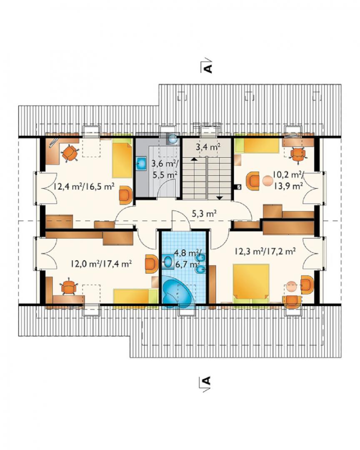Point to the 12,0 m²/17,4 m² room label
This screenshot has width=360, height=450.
pyautogui.click(x=101, y=263)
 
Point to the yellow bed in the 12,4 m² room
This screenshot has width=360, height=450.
pyautogui.click(x=122, y=160)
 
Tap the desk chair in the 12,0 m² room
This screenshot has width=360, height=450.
pyautogui.click(x=69, y=287)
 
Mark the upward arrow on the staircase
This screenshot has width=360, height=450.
pyautogui.click(x=194, y=158)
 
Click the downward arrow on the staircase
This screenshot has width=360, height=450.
pyautogui.click(x=220, y=197)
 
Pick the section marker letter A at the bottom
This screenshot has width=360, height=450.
pyautogui.click(x=206, y=380)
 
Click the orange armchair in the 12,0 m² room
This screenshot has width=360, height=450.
pyautogui.click(x=151, y=263)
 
